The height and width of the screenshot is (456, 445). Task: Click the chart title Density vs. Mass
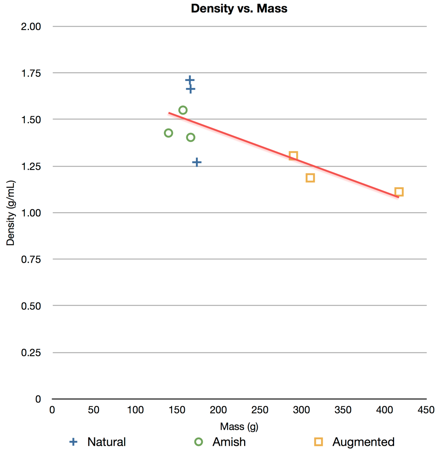tap(239, 8)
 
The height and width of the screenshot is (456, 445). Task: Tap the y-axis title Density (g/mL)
tap(11, 213)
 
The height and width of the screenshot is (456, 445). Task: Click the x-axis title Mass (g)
tap(239, 426)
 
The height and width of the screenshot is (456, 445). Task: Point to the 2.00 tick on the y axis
tap(31, 27)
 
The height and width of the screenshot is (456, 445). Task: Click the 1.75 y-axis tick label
tap(31, 73)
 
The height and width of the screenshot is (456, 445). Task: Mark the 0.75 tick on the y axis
tap(31, 259)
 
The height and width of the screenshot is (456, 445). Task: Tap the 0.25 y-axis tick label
tap(31, 353)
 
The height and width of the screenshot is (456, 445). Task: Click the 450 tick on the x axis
tap(426, 410)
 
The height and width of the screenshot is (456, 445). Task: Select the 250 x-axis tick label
tap(260, 410)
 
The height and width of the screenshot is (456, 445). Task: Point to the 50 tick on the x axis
tap(93, 410)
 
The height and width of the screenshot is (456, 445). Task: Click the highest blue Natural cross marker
tap(190, 80)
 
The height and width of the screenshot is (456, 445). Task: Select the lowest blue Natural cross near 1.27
tap(197, 162)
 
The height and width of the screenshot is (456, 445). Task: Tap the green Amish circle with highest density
tap(183, 110)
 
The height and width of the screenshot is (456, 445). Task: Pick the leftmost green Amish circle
tap(169, 133)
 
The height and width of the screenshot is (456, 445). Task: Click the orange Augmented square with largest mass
tap(399, 192)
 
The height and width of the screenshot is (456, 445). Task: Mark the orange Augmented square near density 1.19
tap(310, 178)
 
